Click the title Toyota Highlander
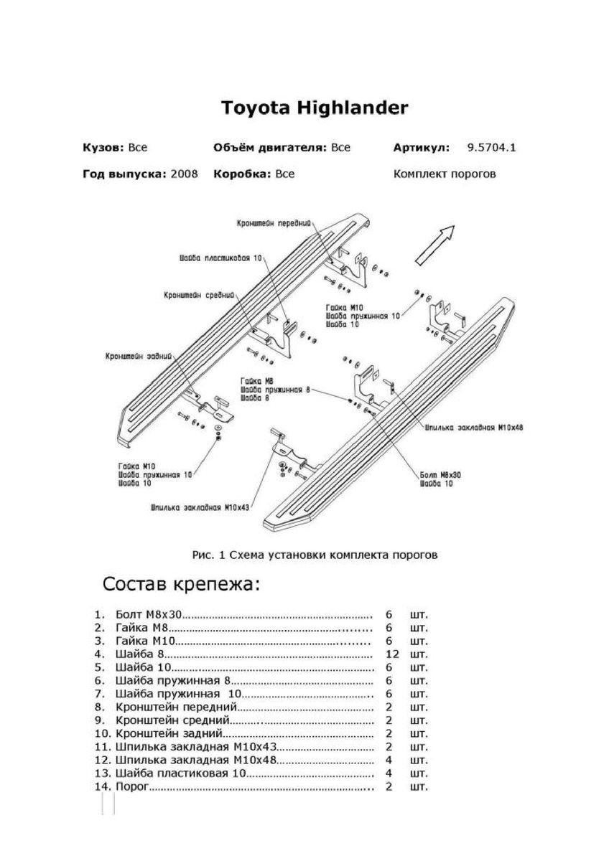tap(314, 108)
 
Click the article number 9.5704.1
tap(492, 148)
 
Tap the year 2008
tap(185, 174)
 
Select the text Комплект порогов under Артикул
tap(445, 174)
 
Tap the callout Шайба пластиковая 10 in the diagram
tap(221, 258)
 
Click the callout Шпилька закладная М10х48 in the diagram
tap(474, 426)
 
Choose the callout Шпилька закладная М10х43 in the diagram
tap(200, 506)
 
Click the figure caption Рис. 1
tap(315, 554)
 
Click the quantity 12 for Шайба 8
tap(391, 654)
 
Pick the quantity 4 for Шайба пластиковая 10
tap(389, 773)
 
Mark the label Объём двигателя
tap(270, 148)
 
